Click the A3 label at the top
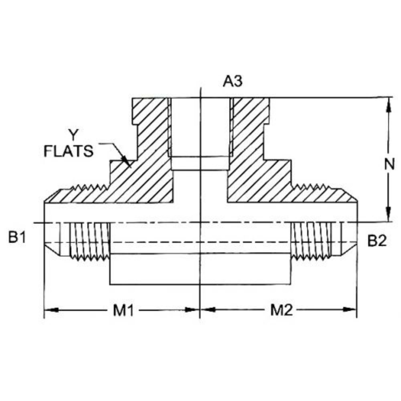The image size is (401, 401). (x=233, y=81)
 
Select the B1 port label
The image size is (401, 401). (x=17, y=238)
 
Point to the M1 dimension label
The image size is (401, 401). (x=123, y=310)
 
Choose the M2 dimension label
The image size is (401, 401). (x=281, y=310)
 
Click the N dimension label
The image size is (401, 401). (x=389, y=164)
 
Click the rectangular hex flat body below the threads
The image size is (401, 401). (x=200, y=269)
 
